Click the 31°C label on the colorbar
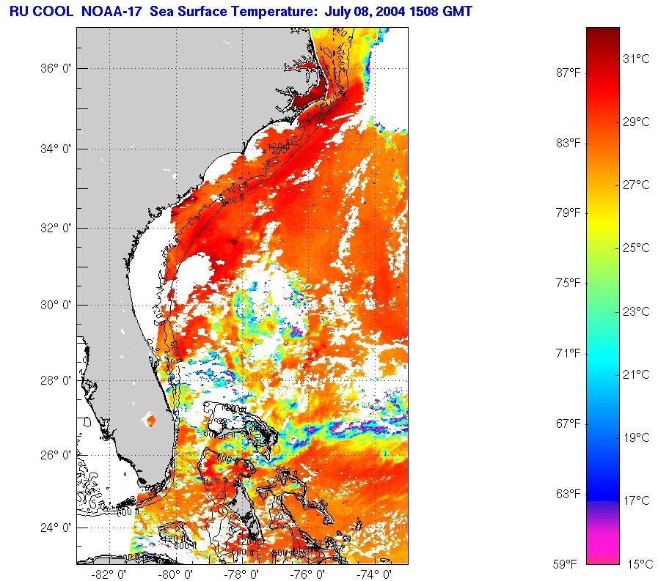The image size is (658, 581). coord(636,59)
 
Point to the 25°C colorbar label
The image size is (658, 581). coord(636,248)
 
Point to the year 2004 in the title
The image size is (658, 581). coord(382,11)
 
